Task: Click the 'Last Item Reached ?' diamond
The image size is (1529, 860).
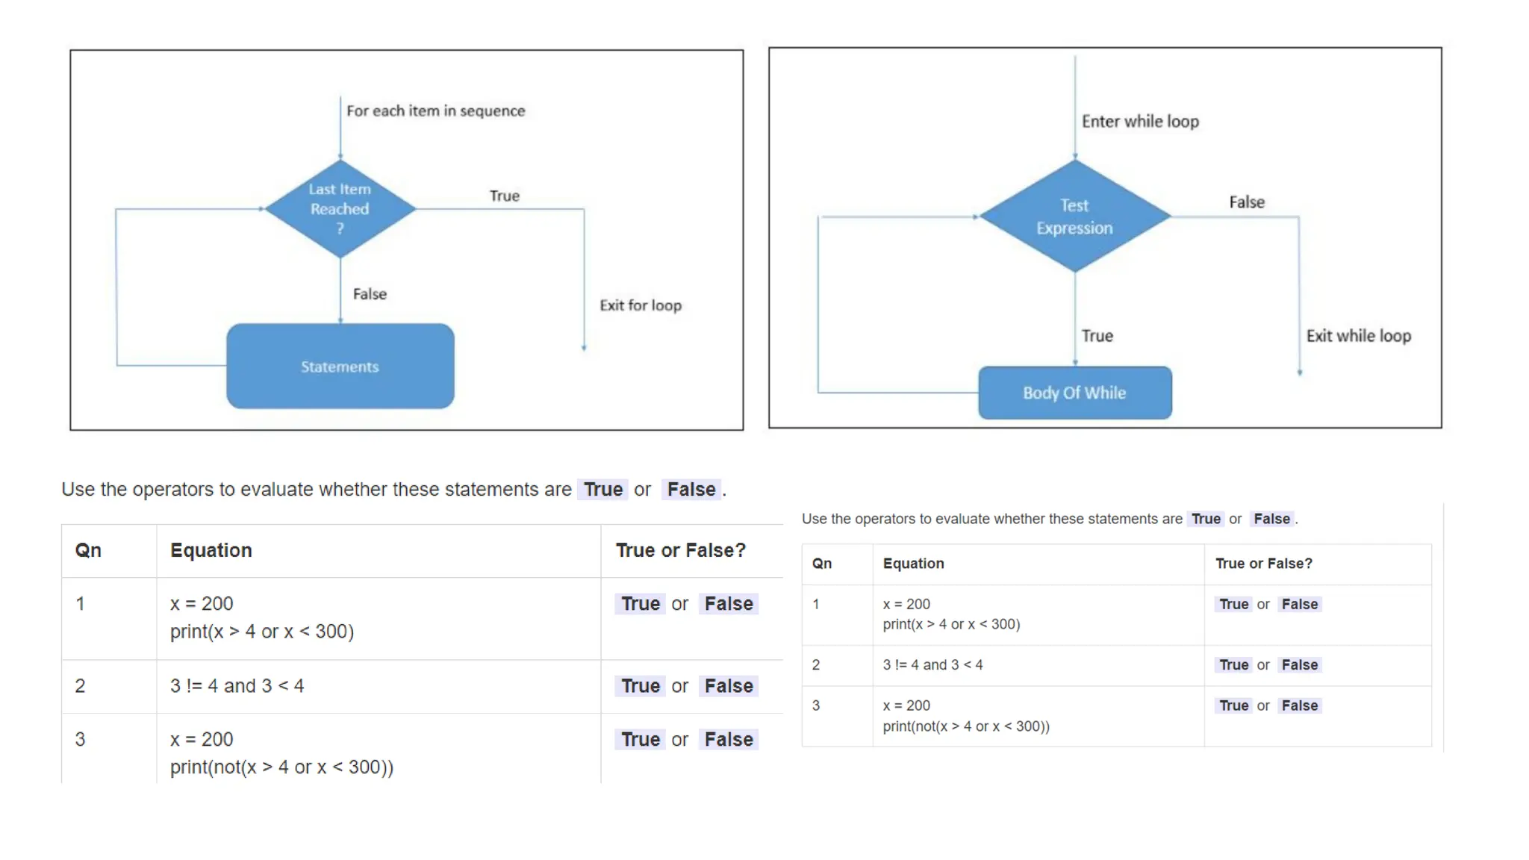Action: [x=340, y=209]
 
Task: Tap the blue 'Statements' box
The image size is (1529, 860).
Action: [x=340, y=367]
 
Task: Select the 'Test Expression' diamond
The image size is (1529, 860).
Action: [x=1074, y=216]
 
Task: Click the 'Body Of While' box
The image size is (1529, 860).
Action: [x=1074, y=393]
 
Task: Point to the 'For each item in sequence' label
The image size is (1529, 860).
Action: [x=435, y=111]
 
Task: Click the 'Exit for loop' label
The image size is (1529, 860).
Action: [x=641, y=305]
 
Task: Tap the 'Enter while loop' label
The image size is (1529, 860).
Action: [x=1140, y=122]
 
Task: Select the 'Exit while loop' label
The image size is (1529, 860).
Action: [x=1358, y=336]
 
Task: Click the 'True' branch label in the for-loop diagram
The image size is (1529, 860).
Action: [x=505, y=196]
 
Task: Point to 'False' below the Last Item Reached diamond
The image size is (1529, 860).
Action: [x=370, y=294]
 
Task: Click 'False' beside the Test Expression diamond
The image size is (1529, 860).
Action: [x=1247, y=202]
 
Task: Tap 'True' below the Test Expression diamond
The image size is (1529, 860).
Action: [x=1097, y=336]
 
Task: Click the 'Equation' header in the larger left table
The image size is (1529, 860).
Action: [x=211, y=550]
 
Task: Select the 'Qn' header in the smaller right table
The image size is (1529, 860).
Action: [x=821, y=564]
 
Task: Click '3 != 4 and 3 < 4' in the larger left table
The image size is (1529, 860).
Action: [x=237, y=686]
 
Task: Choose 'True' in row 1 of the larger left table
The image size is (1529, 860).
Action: [x=641, y=603]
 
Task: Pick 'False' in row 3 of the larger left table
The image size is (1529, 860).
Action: [x=729, y=739]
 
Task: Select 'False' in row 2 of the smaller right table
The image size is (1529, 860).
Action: [x=1299, y=664]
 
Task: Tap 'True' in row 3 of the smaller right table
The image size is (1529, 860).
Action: [x=1233, y=705]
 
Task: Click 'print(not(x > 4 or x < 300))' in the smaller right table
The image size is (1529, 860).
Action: [x=966, y=726]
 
